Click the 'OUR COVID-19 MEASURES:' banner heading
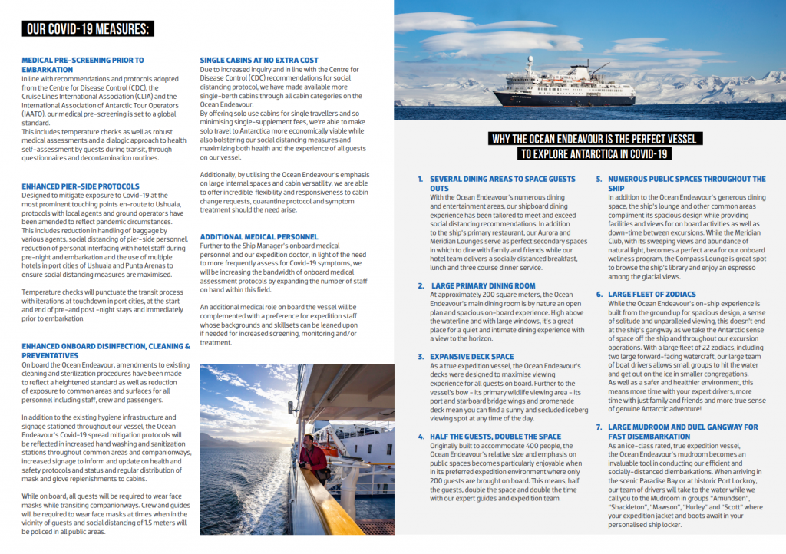coord(88,29)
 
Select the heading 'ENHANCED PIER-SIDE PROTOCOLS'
coord(81,186)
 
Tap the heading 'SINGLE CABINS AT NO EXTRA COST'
coord(259,60)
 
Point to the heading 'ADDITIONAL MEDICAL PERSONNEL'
coord(259,236)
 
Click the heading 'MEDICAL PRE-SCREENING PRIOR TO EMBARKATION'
coord(83,64)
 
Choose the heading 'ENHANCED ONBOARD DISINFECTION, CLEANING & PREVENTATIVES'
coord(106,351)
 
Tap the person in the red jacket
coord(312,457)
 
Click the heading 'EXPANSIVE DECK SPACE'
coord(472,357)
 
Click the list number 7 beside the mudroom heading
coord(599,427)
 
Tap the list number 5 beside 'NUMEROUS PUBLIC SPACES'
coord(599,179)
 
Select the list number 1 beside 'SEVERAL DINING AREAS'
coord(420,179)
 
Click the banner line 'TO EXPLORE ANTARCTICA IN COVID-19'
coord(594,153)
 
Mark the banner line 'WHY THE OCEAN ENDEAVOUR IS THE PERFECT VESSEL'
coord(594,139)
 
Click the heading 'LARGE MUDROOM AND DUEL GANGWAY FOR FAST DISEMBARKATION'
coord(682,431)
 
